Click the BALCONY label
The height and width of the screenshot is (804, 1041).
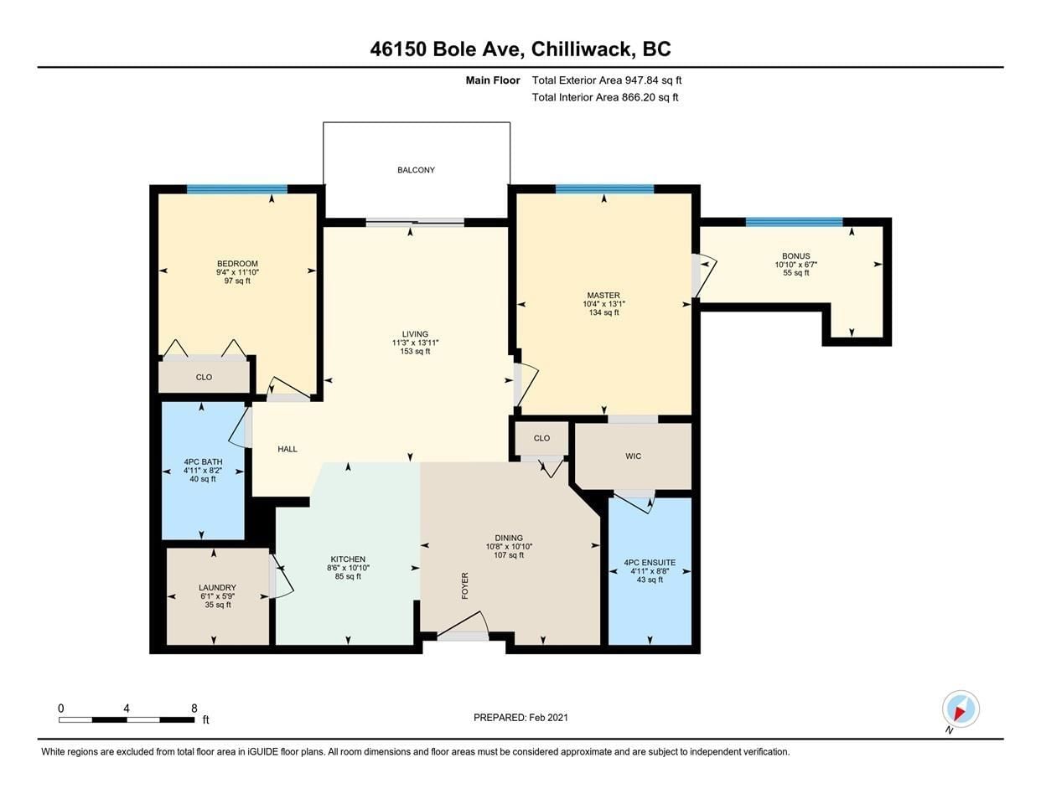coord(416,170)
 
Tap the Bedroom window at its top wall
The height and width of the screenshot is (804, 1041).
coord(236,189)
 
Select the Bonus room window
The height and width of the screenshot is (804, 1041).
coord(794,222)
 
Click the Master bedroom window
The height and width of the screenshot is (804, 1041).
coord(604,189)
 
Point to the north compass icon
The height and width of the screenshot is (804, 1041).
coord(961,709)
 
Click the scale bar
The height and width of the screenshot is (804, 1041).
coord(127,719)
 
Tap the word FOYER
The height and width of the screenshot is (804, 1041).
coord(464,585)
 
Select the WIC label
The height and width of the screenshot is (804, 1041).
coord(633,456)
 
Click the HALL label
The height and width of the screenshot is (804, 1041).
coord(287,449)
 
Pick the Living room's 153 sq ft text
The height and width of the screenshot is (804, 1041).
coord(415,351)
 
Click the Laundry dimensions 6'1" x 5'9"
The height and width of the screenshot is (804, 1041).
coord(217,596)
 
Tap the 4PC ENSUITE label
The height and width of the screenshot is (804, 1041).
coord(650,563)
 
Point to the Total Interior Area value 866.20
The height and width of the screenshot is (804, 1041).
coord(639,97)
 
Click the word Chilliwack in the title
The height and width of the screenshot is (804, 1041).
coord(582,49)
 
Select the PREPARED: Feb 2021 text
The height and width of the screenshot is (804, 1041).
coord(520,718)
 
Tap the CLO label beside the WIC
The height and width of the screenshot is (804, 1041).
coord(541,438)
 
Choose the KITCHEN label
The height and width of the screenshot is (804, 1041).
coord(348,559)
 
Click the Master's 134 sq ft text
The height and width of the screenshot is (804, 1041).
coord(603,312)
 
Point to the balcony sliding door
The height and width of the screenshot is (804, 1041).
coord(415,222)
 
